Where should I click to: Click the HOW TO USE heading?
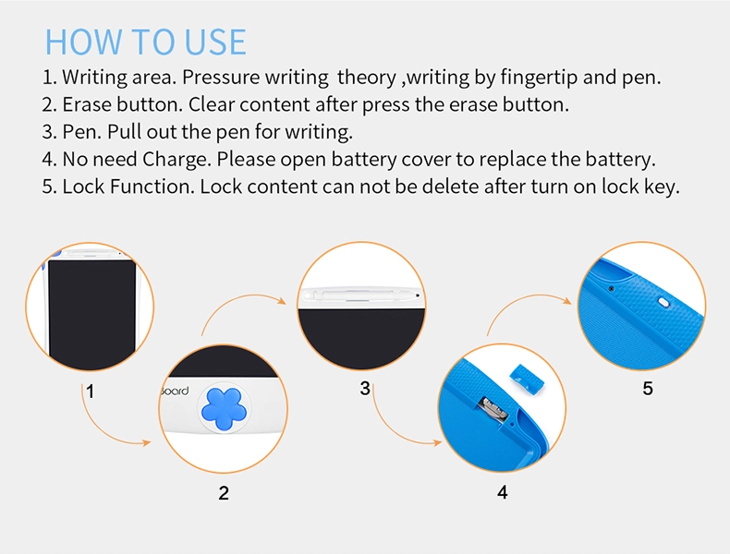[145, 42]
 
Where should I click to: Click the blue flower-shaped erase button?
[224, 409]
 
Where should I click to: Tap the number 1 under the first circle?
[90, 391]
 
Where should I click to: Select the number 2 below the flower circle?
[224, 493]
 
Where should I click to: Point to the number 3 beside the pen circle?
[365, 389]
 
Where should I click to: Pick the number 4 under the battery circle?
[503, 492]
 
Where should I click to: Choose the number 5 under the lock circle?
[648, 389]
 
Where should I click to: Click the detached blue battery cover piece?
[527, 378]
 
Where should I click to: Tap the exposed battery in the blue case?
[495, 409]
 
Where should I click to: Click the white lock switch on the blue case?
[663, 303]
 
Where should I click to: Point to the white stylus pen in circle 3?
[361, 295]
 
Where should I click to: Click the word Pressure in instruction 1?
[222, 78]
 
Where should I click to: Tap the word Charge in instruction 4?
[176, 160]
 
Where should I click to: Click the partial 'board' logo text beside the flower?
[175, 391]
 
